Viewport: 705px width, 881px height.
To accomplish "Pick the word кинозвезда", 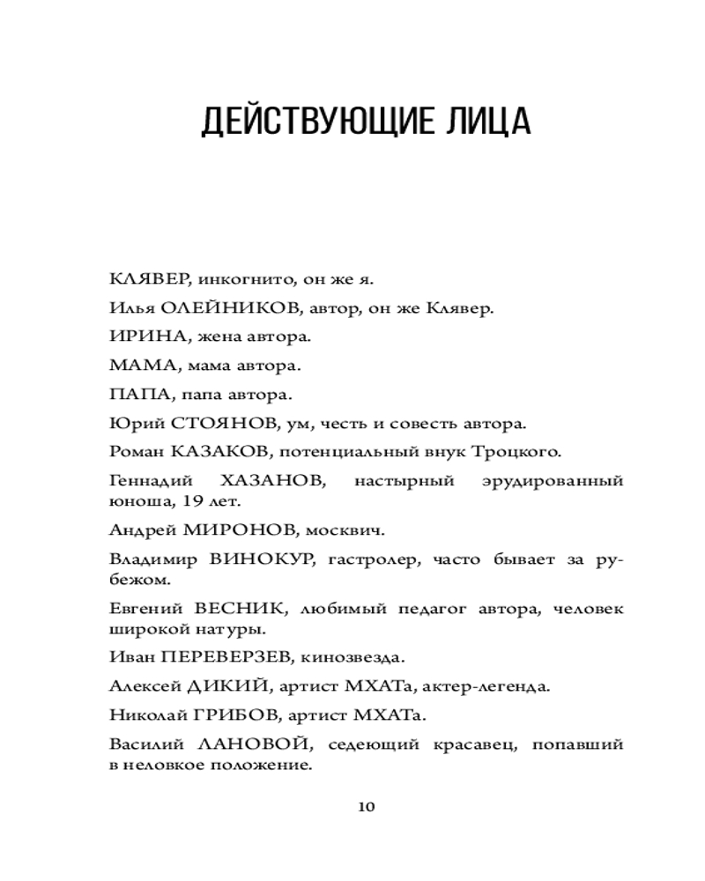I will (353, 658).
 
